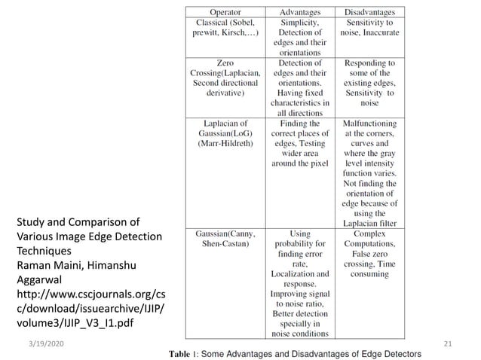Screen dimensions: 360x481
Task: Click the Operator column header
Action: coord(225,13)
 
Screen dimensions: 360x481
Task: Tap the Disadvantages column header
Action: coord(369,13)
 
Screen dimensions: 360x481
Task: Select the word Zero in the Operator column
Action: coord(224,63)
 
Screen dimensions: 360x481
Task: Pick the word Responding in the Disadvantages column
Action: coord(369,63)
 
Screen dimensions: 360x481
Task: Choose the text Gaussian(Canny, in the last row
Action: coord(224,234)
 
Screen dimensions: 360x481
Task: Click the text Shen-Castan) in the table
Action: coord(224,244)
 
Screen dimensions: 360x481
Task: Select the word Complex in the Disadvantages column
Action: coord(369,234)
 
